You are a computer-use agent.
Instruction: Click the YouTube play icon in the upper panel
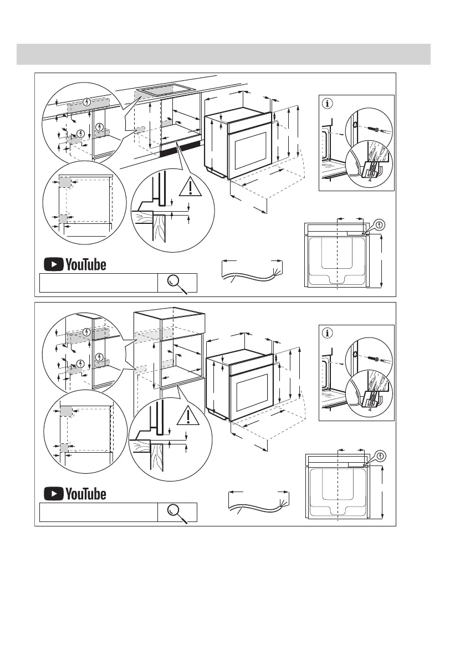point(54,264)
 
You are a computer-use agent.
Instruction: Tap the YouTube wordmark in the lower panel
point(86,494)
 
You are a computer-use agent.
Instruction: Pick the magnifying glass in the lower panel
point(177,513)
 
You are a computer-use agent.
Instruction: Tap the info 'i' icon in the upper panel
point(328,103)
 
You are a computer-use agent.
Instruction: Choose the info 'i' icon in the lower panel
point(328,333)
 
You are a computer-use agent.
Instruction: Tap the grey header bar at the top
point(223,54)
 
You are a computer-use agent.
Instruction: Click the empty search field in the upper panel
point(99,283)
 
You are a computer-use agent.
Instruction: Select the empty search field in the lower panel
point(99,513)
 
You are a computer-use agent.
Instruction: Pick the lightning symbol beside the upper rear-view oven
point(380,224)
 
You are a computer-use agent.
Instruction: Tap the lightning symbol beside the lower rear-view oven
point(381,456)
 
